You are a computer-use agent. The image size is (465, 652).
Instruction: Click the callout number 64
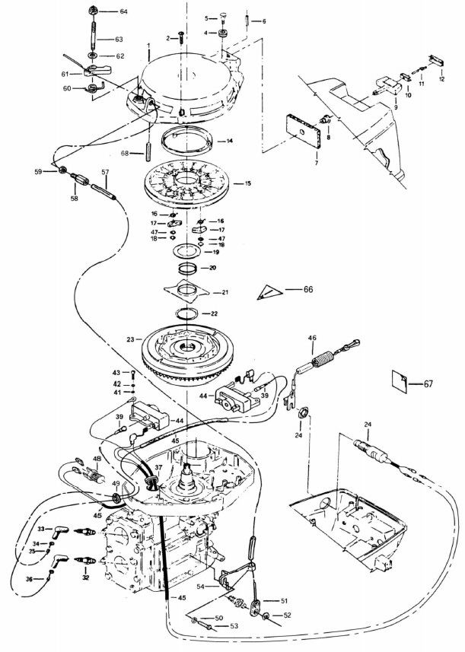point(123,12)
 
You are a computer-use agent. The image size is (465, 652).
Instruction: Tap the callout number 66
point(308,289)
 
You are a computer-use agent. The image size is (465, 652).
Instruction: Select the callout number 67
point(428,383)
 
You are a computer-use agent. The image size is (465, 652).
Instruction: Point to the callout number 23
point(130,340)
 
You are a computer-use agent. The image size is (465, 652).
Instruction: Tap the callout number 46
point(311,338)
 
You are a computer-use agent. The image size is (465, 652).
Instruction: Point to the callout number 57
point(106,173)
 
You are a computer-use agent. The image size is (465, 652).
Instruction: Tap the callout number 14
point(229,142)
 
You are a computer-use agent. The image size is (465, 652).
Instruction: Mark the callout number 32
point(85,578)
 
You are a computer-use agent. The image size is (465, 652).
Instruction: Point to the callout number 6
point(264,21)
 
